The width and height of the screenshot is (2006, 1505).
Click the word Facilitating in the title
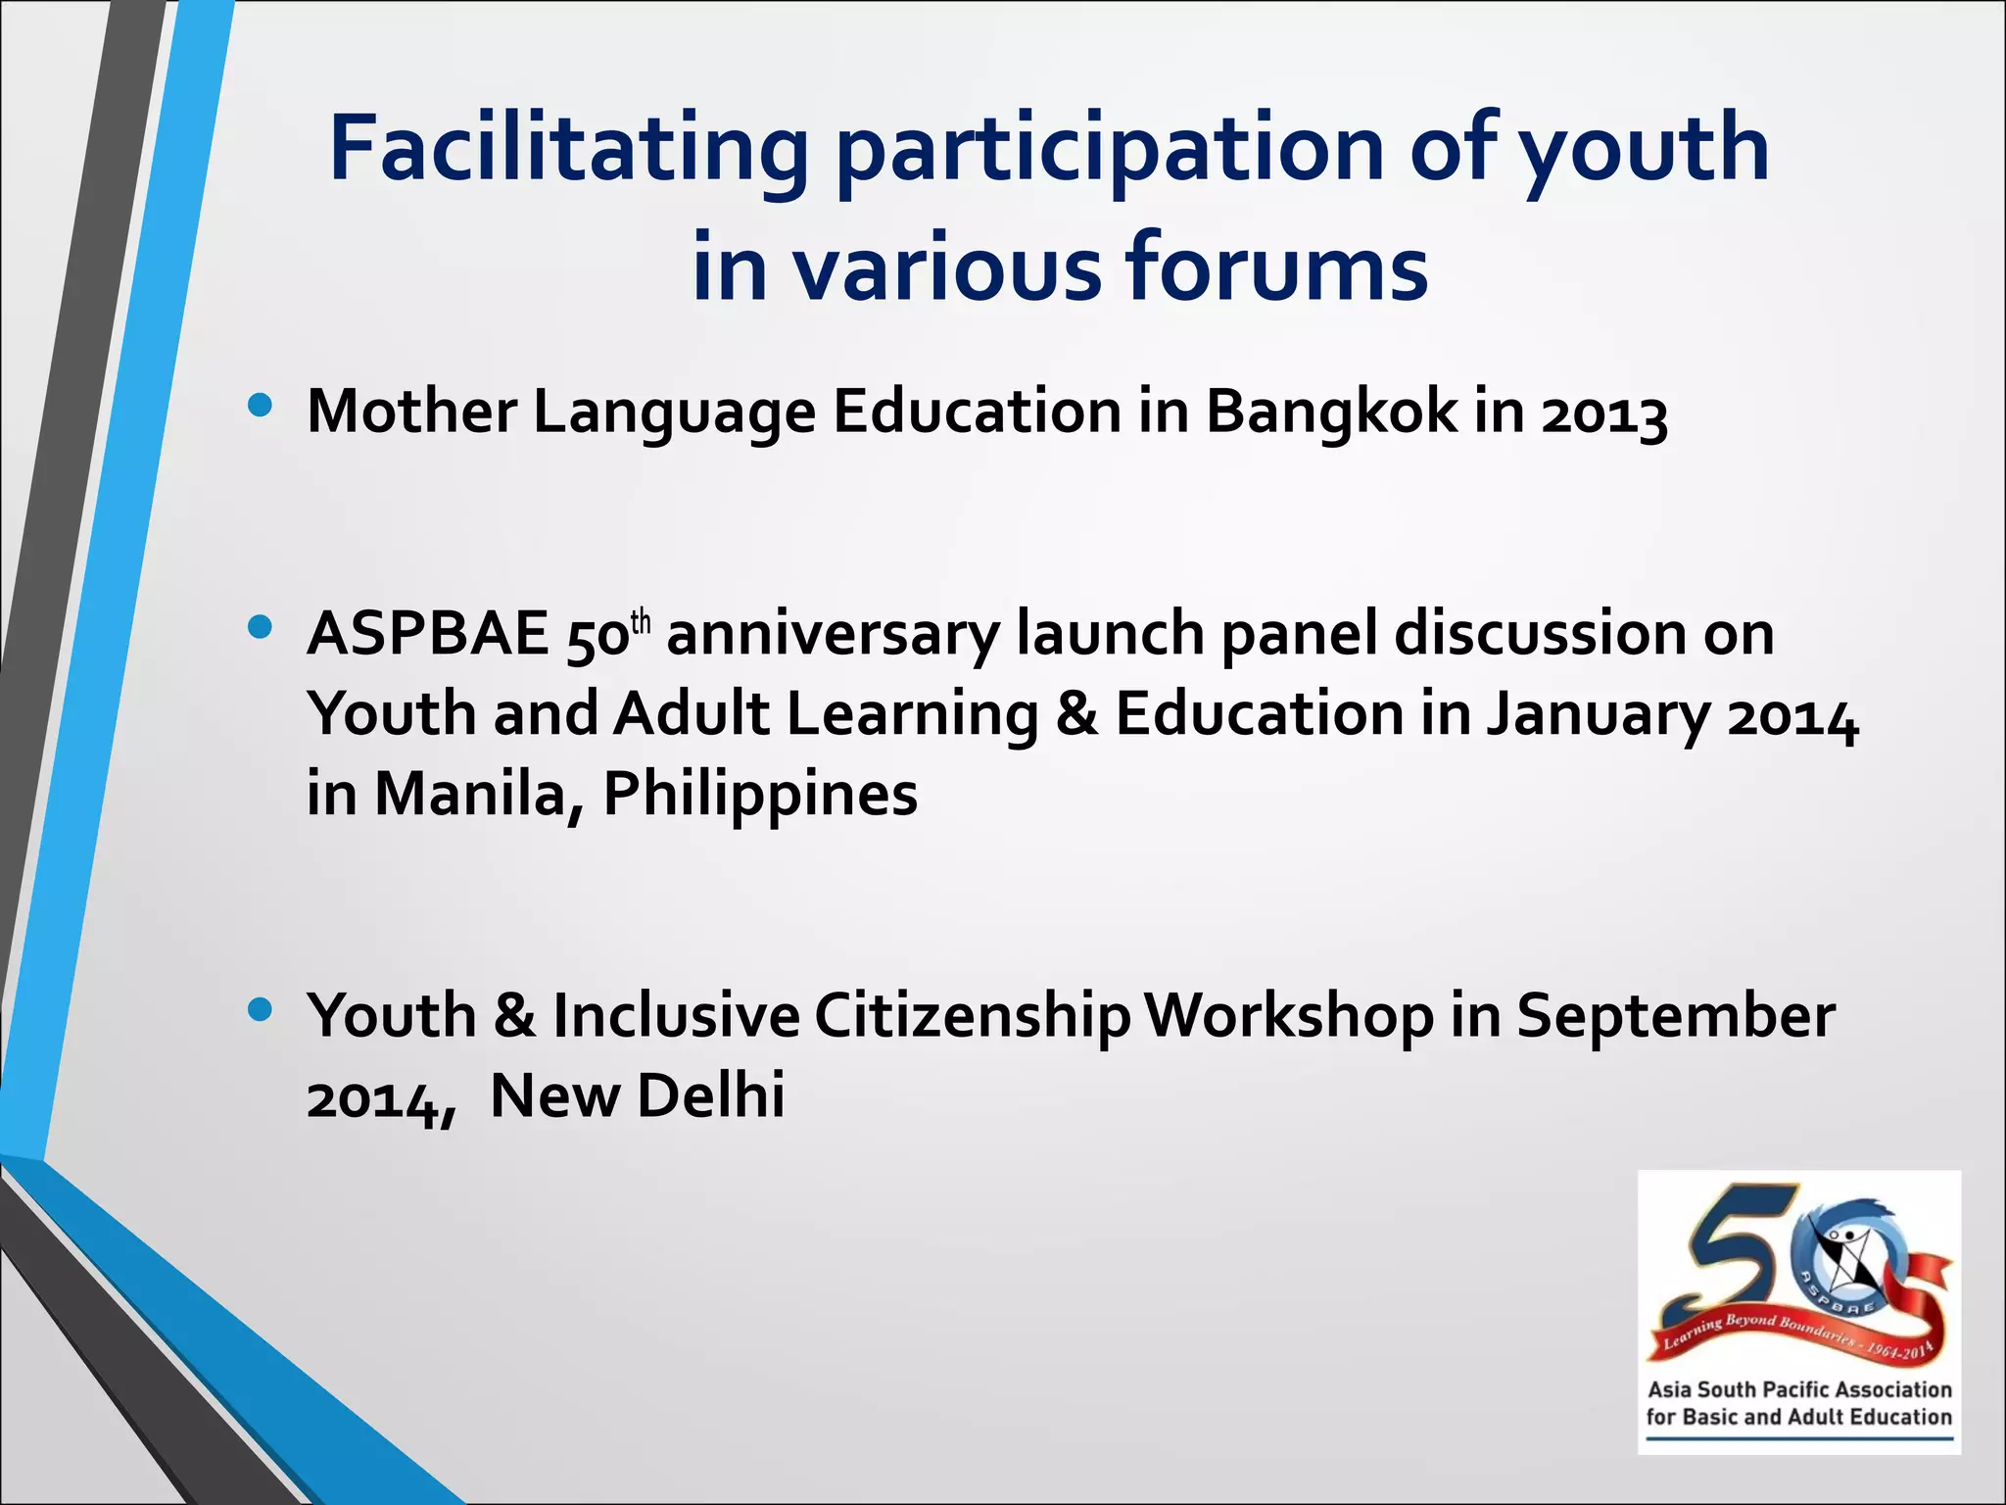tap(568, 149)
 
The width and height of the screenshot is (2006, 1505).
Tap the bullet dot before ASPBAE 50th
tap(260, 628)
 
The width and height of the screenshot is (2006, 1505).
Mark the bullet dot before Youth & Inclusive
tap(260, 1009)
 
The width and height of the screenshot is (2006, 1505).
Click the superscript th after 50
tap(641, 621)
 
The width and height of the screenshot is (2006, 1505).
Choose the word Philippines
tap(760, 794)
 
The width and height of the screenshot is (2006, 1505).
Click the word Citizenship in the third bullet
tap(972, 1016)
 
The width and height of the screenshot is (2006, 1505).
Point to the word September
tap(1676, 1016)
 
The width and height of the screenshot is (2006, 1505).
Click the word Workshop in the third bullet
tap(1289, 1016)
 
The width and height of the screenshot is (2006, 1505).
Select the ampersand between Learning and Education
tap(1076, 713)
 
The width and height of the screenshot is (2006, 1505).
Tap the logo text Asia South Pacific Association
tap(1799, 1389)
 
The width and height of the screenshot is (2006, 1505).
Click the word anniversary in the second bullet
tap(833, 634)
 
